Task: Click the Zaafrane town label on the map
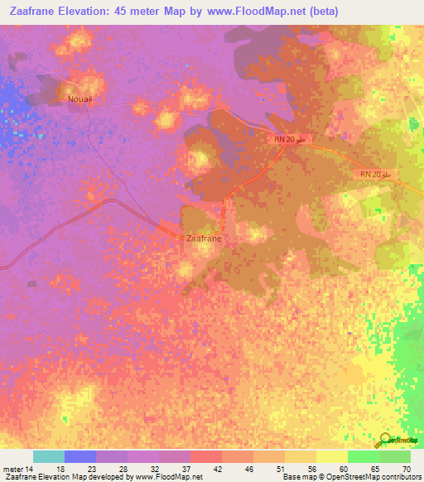coord(203,238)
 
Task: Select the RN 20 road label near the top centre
coord(291,139)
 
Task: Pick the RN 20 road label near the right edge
coord(376,175)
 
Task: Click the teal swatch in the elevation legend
coord(49,456)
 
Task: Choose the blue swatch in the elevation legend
coord(80,456)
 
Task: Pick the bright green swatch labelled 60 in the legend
coord(363,456)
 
